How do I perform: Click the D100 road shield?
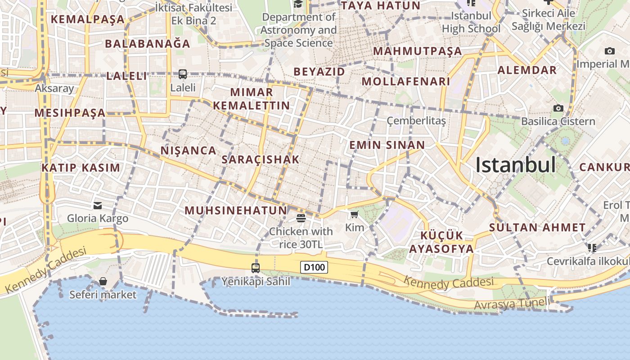tap(314, 267)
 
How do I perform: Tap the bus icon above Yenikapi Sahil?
tap(256, 268)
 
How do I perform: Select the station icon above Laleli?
tap(183, 74)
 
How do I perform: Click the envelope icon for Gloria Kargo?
tap(98, 206)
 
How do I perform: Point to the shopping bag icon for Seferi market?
tap(103, 281)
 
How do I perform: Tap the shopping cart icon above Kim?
tap(355, 214)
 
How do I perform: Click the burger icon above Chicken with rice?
tap(301, 218)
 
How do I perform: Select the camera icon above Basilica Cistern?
tap(558, 108)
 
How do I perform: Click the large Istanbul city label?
tap(516, 165)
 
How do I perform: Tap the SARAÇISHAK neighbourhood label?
tap(261, 159)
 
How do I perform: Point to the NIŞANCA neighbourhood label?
tap(189, 150)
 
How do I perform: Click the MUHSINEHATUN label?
tap(236, 210)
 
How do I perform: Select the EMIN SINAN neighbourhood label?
tap(387, 145)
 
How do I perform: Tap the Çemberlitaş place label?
tap(416, 121)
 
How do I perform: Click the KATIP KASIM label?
tap(81, 168)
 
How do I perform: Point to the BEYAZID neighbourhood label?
tap(319, 72)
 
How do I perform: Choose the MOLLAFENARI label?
tap(406, 81)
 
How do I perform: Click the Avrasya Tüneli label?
tap(512, 304)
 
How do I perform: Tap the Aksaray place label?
tap(54, 88)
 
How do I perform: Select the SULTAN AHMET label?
tap(537, 227)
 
